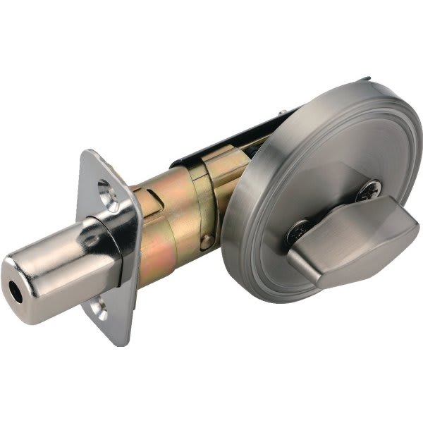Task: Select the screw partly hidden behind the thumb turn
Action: pyautogui.click(x=297, y=231)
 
